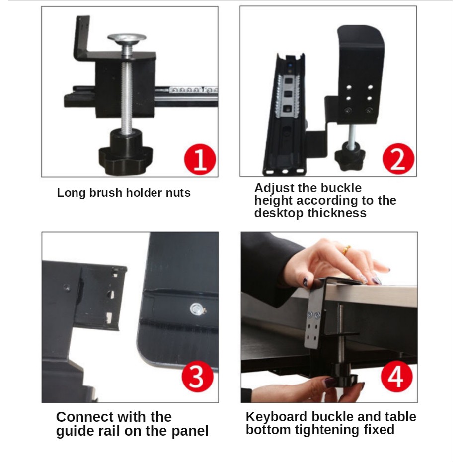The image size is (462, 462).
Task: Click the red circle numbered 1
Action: (200, 159)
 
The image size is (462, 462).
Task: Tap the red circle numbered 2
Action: (398, 159)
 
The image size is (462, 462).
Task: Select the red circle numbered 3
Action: (197, 377)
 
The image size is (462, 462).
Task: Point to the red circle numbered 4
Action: (396, 377)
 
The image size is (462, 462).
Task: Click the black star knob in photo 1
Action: (126, 153)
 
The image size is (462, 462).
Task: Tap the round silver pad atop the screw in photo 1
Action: (127, 38)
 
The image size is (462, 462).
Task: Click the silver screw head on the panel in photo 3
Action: (197, 309)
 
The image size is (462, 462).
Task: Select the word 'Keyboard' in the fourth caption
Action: (276, 417)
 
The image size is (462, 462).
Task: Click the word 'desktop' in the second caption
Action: (279, 213)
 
